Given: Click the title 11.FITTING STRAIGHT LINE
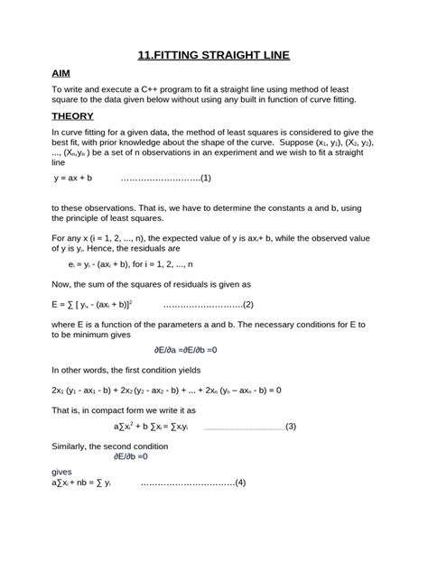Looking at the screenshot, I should click(x=214, y=56).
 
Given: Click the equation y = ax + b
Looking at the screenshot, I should click(x=75, y=178).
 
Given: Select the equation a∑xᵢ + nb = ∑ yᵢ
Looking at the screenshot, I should click(x=82, y=482).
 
